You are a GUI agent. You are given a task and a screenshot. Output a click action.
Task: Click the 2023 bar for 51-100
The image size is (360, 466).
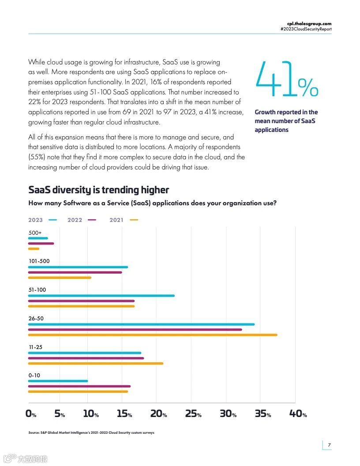101,296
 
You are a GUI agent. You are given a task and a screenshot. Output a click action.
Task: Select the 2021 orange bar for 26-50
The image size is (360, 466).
153,335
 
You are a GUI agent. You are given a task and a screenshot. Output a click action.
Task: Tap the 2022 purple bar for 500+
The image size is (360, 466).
41,244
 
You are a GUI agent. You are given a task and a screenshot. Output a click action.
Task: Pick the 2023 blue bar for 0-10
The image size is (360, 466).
58,381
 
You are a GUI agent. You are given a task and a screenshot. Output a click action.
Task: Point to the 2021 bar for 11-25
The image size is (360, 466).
95,364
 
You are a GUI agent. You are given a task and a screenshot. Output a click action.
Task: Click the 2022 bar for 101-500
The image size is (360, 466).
75,272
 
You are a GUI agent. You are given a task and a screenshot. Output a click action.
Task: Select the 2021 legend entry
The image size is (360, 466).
124,220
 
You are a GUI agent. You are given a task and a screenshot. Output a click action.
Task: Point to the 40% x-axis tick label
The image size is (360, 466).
298,414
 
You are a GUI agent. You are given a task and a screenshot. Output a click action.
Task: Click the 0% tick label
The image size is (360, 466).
31,414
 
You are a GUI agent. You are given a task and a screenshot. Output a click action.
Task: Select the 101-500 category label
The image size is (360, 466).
39,261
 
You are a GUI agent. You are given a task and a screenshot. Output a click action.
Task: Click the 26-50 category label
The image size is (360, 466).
36,319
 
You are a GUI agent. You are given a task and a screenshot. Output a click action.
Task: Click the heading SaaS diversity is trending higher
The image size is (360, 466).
98,190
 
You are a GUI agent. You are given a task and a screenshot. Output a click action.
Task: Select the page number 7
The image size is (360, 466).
329,444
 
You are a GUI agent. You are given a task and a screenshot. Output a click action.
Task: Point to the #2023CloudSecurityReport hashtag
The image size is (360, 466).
306,29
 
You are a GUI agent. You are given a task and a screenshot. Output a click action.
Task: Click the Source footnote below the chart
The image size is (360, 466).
91,432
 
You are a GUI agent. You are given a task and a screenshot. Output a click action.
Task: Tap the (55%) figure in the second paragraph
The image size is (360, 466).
37,157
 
